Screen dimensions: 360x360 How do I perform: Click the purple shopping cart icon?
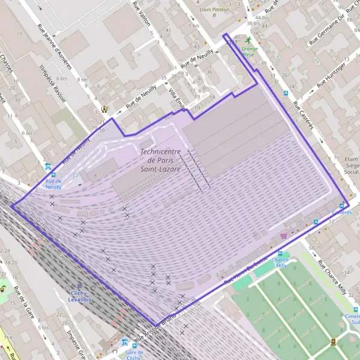[x=283, y=236]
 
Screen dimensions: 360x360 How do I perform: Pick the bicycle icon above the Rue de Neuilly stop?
[x=47, y=167]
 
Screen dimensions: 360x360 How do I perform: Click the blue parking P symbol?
[x=76, y=175]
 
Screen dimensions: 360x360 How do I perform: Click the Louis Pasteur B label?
[x=215, y=13]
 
